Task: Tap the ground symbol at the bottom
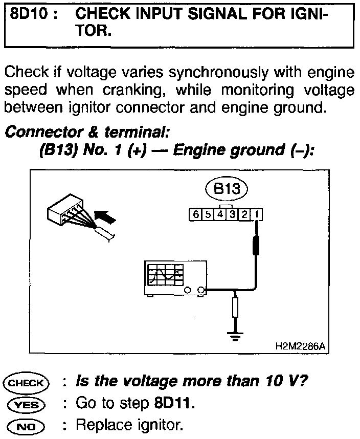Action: (235, 336)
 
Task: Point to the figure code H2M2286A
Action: (300, 346)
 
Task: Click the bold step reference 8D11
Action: (174, 404)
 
